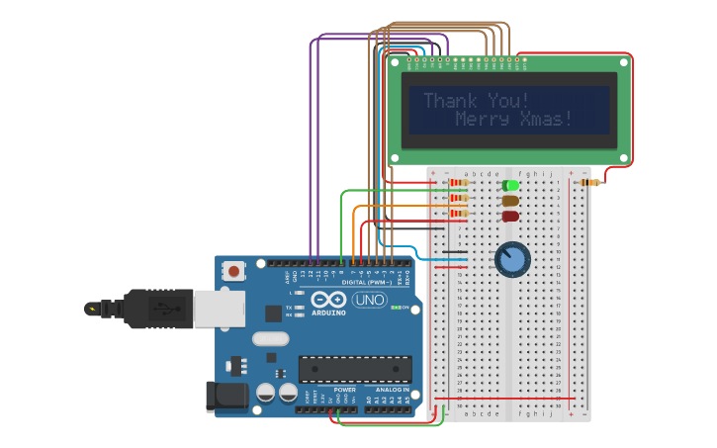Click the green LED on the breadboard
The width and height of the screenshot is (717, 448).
point(510,185)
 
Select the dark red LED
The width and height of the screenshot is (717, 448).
point(510,217)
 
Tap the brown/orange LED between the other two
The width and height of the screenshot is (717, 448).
point(510,201)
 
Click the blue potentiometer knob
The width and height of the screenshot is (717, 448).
point(512,259)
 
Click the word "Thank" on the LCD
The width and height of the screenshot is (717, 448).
point(450,101)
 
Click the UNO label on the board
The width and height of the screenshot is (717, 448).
point(370,300)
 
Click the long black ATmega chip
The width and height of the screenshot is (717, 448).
point(355,369)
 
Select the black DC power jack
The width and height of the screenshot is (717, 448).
point(225,397)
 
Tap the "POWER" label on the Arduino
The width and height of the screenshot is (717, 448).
point(345,390)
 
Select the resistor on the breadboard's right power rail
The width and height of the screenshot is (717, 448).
point(589,182)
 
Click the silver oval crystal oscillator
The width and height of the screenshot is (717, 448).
point(270,338)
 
